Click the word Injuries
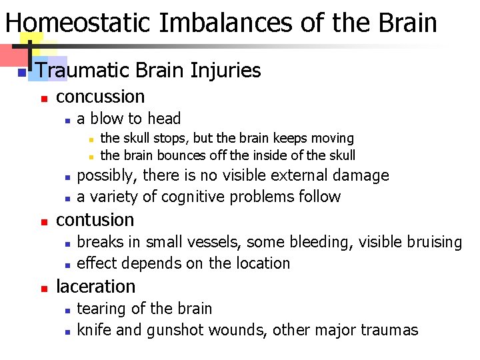click(x=226, y=70)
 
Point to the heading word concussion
click(x=100, y=97)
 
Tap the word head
click(x=164, y=119)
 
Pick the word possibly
click(x=106, y=176)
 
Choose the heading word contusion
click(x=95, y=220)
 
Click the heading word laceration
click(x=95, y=287)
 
